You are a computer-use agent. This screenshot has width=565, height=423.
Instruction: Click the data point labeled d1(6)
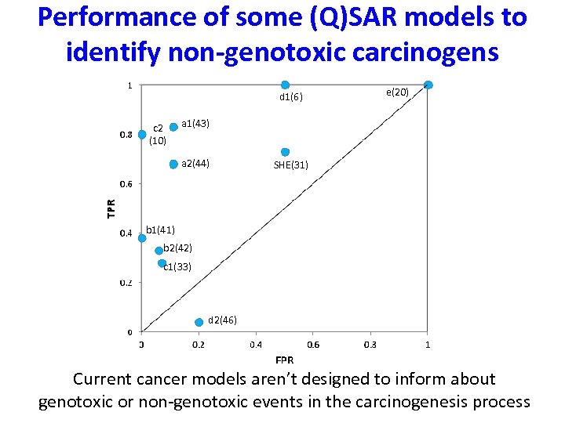pyautogui.click(x=286, y=85)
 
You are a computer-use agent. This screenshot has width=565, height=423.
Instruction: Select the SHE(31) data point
pyautogui.click(x=286, y=152)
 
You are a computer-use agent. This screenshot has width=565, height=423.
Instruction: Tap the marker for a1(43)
pyautogui.click(x=173, y=127)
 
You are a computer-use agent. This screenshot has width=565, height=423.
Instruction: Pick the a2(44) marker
pyautogui.click(x=173, y=164)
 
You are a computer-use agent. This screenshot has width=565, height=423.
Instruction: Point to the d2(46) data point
pyautogui.click(x=199, y=322)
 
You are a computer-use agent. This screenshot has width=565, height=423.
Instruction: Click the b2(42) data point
pyautogui.click(x=159, y=251)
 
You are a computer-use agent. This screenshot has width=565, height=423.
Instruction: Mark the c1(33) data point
pyautogui.click(x=162, y=263)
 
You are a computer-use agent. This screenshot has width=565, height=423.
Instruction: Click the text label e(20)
pyautogui.click(x=397, y=92)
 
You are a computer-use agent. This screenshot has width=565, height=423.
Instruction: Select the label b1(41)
pyautogui.click(x=160, y=230)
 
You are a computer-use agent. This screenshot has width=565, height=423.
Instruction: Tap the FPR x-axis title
pyautogui.click(x=285, y=360)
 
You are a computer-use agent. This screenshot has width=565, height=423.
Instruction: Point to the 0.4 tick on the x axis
pyautogui.click(x=256, y=345)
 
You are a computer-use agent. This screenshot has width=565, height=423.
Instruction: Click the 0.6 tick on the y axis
pyautogui.click(x=126, y=184)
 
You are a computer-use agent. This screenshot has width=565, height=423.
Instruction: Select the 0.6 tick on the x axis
pyautogui.click(x=313, y=345)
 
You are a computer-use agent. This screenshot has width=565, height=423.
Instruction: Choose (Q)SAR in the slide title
pyautogui.click(x=338, y=17)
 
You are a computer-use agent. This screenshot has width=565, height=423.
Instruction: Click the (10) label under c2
pyautogui.click(x=157, y=141)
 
